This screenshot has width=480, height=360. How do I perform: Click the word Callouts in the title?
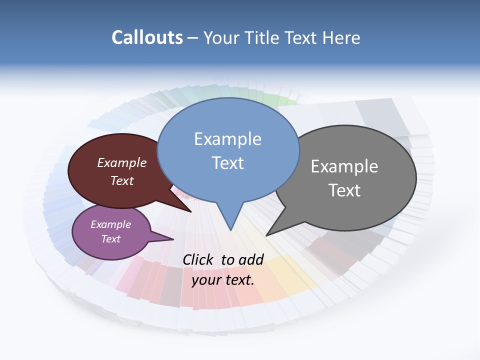pos(147,37)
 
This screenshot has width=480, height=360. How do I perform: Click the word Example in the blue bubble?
pos(227,139)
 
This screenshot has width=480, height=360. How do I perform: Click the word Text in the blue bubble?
pos(227,163)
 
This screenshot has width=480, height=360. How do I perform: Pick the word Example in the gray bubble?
pos(344,166)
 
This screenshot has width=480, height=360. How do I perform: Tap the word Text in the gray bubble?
pos(344,190)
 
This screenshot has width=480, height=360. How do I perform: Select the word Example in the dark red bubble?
pos(122,162)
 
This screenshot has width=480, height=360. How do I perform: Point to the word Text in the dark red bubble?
pos(122,180)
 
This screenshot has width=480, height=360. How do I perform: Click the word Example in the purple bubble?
pos(111,224)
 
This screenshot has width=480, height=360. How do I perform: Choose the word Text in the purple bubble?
pos(111,239)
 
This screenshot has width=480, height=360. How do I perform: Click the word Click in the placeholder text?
pos(198,259)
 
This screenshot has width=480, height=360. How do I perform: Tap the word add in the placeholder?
pos(251,259)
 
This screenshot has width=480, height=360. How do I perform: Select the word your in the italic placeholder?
pos(206,280)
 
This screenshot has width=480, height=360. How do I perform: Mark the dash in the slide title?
pos(193,38)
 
